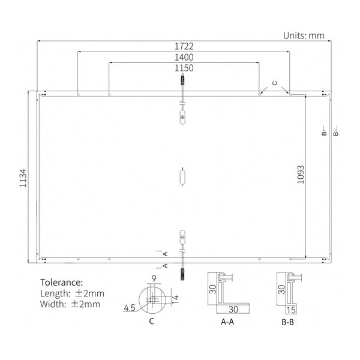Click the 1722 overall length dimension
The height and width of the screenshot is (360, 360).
coord(184,46)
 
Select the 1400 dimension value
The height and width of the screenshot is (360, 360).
coord(184,58)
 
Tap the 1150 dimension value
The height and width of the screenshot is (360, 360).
coord(184,68)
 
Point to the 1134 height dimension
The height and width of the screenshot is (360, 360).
coord(23,178)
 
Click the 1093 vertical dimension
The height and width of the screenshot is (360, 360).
coord(301,175)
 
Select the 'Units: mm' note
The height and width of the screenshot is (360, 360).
coord(304,35)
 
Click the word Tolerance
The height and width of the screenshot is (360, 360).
coord(62,283)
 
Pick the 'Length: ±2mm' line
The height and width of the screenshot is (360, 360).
coord(72,293)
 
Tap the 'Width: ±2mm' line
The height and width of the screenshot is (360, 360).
coord(70,304)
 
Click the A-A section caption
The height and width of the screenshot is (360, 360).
coord(227,322)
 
